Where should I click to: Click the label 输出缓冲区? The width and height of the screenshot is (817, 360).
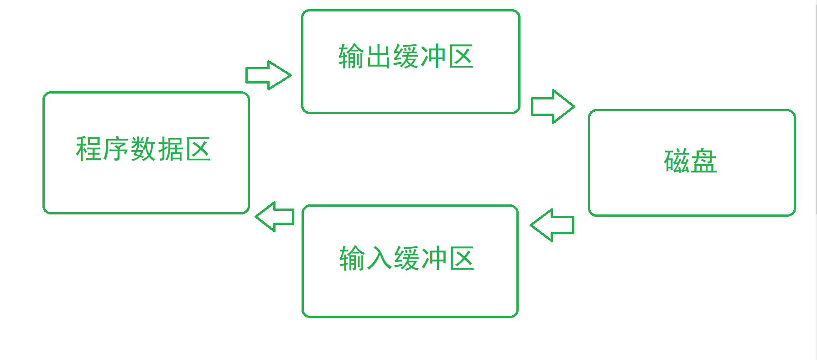coord(406,57)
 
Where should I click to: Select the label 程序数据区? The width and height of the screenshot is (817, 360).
coord(143,149)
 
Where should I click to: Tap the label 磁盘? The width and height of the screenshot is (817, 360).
coord(690,161)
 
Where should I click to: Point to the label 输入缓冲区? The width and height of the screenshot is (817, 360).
coord(406,258)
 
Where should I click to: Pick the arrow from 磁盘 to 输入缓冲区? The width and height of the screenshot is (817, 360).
coord(552,225)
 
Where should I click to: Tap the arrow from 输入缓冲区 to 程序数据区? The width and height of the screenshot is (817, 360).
coord(275,217)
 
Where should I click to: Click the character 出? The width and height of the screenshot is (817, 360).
coord(379,57)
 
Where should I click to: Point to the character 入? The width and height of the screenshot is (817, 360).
coord(380,258)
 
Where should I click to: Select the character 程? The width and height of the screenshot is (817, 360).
coord(88,149)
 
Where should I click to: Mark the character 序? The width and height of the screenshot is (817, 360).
coord(116,149)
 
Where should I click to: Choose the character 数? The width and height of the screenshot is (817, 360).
coord(143,149)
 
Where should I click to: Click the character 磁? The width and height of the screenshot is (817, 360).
coord(677,161)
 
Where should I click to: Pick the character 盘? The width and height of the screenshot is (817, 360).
coord(704,161)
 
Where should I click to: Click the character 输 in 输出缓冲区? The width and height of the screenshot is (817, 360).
coord(351,57)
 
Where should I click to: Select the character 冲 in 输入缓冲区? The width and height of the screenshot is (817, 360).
coord(434,258)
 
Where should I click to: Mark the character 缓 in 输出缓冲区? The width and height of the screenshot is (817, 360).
coord(406,57)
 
